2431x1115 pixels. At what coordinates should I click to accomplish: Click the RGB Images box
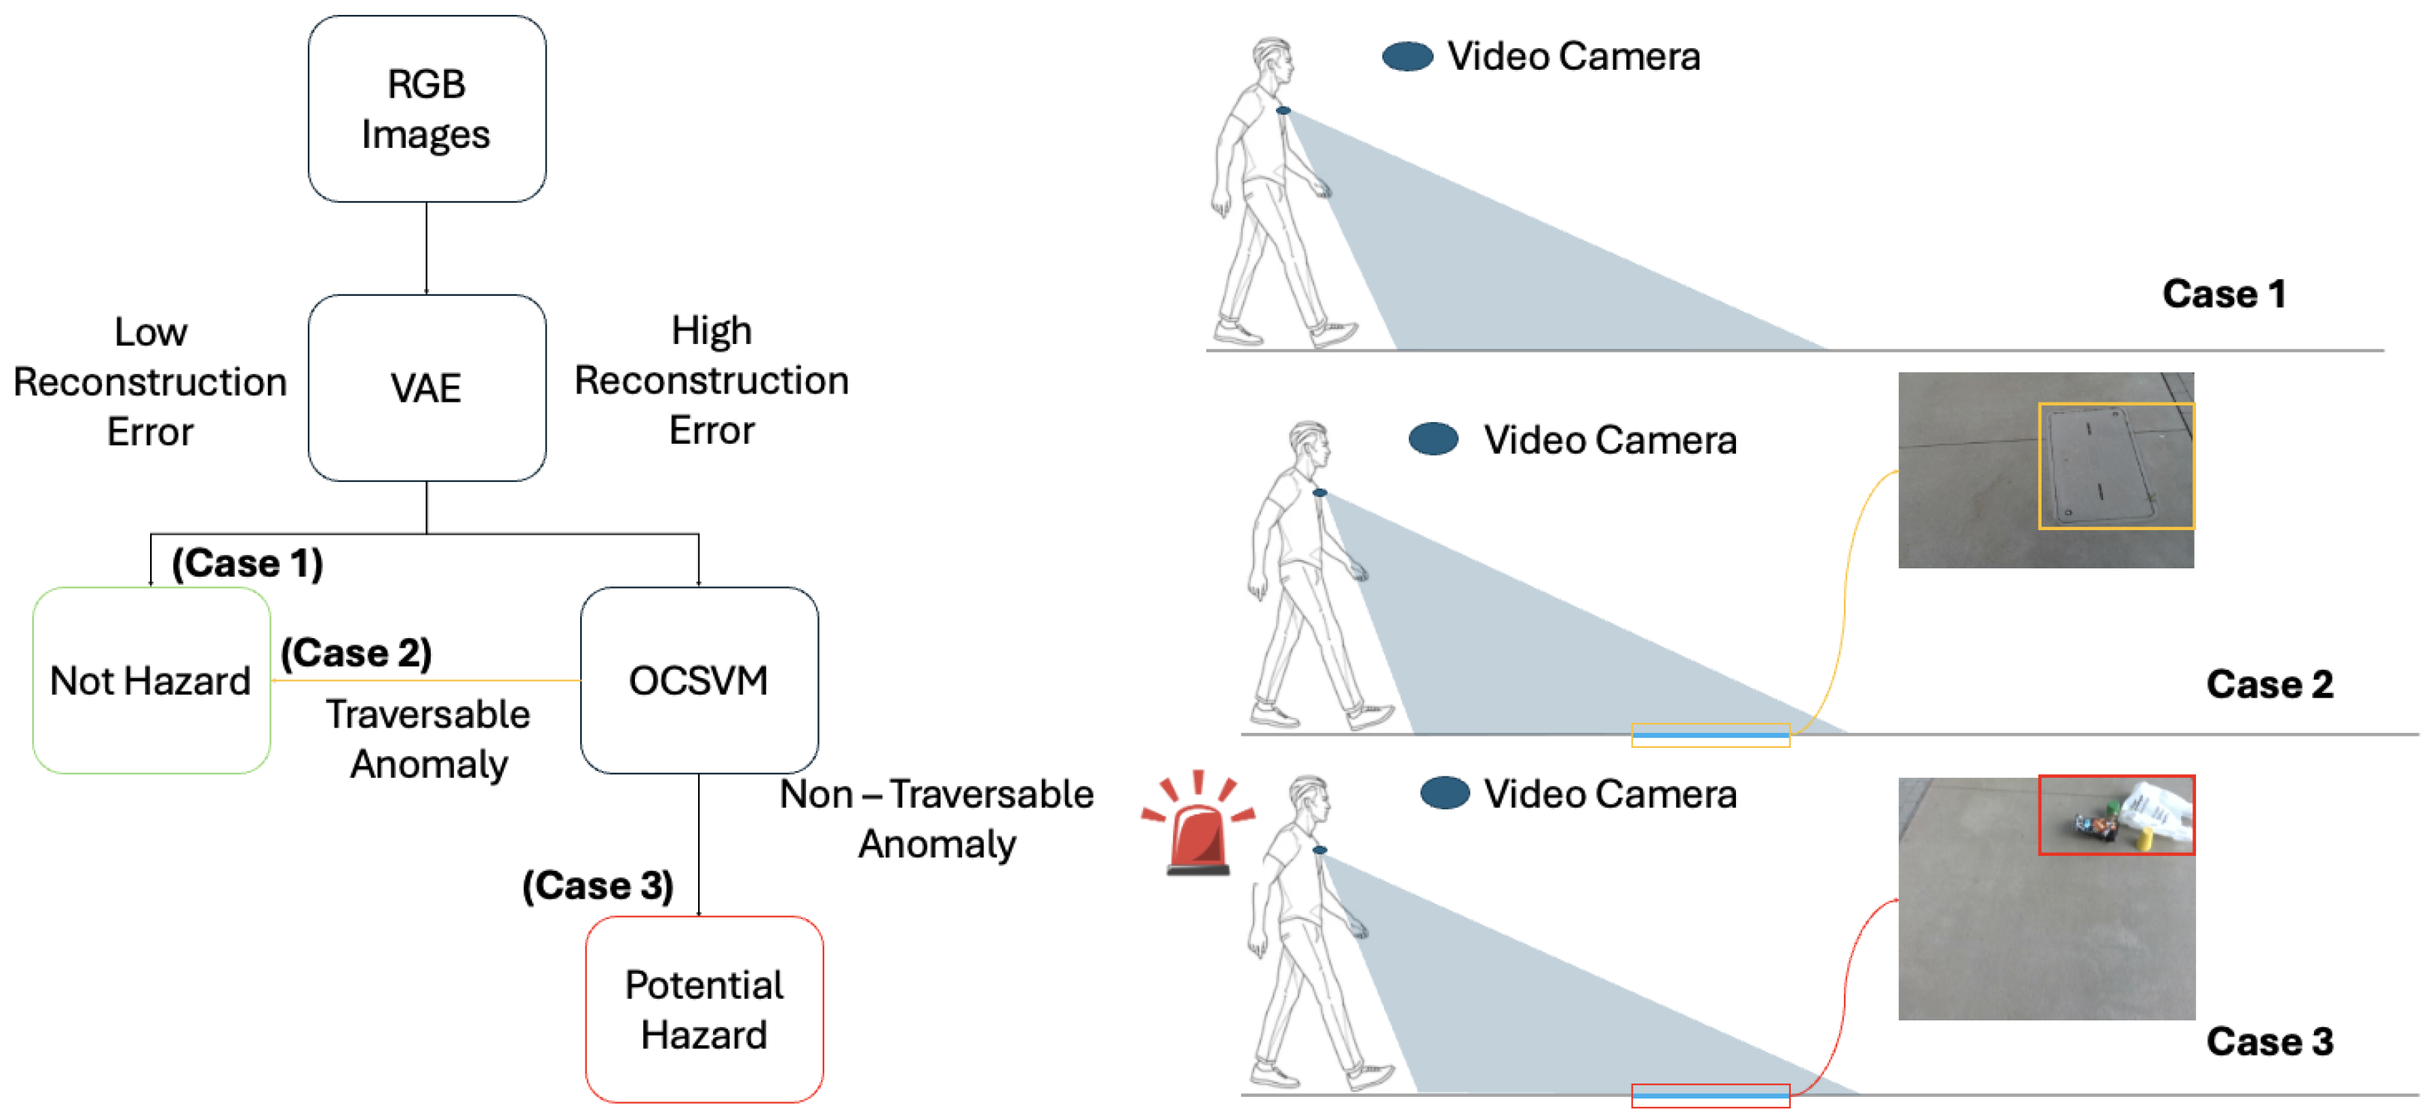426,109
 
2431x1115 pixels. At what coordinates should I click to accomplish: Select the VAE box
426,387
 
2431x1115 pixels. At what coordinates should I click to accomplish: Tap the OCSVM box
698,680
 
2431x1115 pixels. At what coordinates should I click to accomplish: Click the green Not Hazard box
151,680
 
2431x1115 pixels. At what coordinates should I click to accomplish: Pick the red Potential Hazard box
704,1009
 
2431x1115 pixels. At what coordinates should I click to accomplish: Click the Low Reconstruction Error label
150,381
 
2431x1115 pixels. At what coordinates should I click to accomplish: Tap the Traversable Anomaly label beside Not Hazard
429,738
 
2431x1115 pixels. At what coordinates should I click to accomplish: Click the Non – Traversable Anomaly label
936,818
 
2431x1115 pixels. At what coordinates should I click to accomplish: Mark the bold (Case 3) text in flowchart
598,885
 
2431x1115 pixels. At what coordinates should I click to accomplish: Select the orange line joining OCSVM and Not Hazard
425,680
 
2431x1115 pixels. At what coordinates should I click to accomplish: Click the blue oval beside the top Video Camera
1407,56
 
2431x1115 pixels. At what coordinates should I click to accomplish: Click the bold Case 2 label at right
2270,683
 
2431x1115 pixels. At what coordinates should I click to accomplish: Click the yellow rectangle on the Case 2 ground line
1710,734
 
